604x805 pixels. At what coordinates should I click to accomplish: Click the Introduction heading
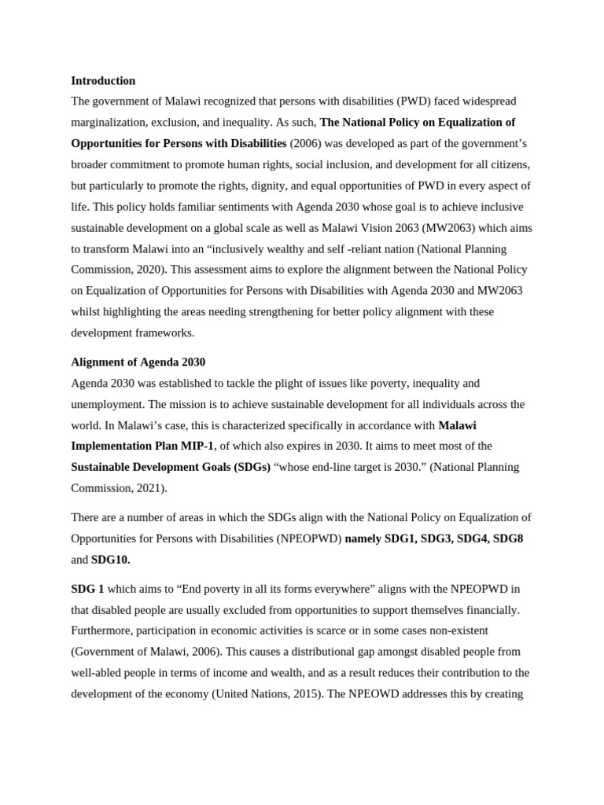[103, 81]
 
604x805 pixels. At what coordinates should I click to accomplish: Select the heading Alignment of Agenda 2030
[138, 362]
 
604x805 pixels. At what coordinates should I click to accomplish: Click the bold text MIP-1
[198, 446]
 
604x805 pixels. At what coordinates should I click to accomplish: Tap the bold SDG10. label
[111, 560]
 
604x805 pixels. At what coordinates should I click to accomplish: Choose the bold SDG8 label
[507, 539]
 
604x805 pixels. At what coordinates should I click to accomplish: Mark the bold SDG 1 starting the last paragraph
[87, 589]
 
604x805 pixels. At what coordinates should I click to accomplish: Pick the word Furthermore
[101, 630]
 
